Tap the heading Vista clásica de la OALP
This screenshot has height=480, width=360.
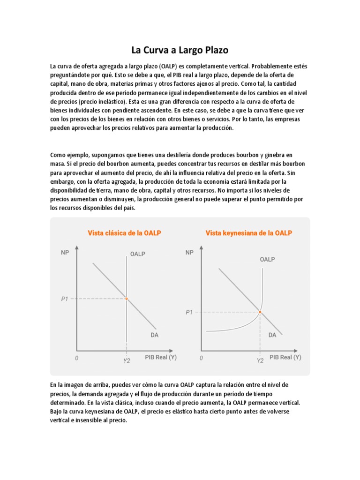click(124, 233)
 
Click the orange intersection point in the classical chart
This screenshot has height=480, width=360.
click(127, 299)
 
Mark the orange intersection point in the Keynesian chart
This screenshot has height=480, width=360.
click(260, 312)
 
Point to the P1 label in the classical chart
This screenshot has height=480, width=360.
click(65, 299)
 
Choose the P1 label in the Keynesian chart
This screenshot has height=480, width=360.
click(189, 312)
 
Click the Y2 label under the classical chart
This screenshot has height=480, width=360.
click(127, 360)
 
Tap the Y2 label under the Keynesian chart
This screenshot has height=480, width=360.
click(260, 360)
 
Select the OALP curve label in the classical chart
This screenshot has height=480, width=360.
click(137, 254)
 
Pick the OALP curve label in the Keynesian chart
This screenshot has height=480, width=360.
click(267, 259)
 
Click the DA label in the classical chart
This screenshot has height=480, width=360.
click(154, 335)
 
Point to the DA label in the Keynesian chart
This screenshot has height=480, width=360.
click(272, 335)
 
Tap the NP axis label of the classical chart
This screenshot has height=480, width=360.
click(65, 253)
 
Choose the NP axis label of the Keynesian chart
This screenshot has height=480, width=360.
click(189, 253)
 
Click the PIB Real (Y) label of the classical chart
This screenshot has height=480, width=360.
click(160, 357)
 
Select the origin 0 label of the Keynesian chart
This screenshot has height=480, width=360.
click(201, 359)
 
